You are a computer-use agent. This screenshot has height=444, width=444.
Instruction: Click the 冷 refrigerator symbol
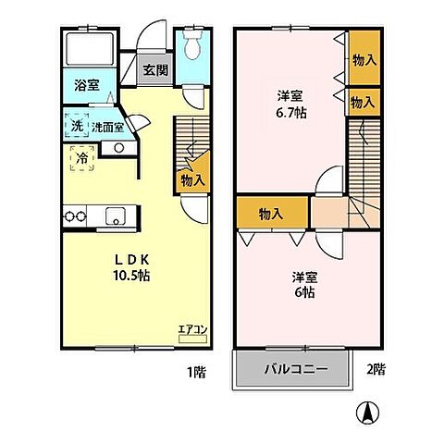click(x=81, y=158)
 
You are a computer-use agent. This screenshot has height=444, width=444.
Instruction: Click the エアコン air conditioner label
click(x=191, y=328)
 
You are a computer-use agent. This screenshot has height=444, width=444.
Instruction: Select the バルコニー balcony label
click(x=296, y=369)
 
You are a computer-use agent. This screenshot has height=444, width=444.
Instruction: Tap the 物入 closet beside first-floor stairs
click(x=192, y=182)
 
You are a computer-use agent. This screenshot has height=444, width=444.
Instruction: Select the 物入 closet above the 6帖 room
click(x=270, y=213)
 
